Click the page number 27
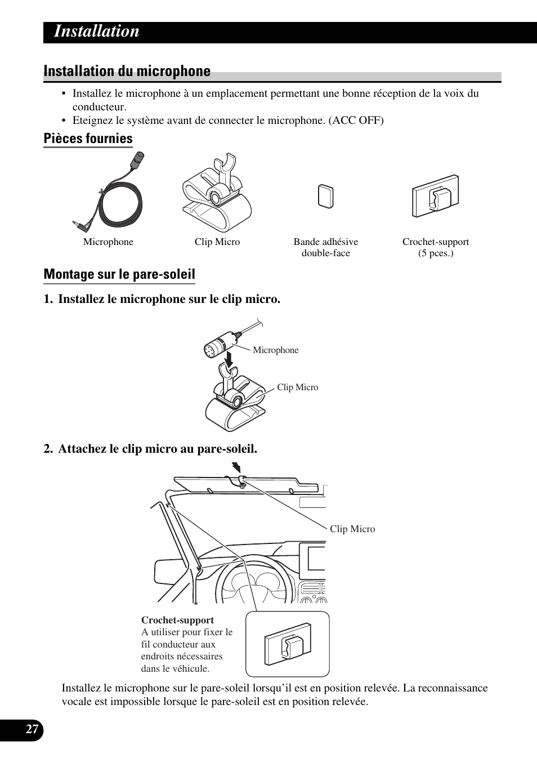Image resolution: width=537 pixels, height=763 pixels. pyautogui.click(x=33, y=730)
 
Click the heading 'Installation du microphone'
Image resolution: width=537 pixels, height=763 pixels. pyautogui.click(x=127, y=72)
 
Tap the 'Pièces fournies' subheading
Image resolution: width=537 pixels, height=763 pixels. pyautogui.click(x=88, y=139)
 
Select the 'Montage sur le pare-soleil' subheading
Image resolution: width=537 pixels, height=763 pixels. pyautogui.click(x=119, y=274)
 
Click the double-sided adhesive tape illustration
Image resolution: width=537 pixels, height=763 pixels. pyautogui.click(x=325, y=196)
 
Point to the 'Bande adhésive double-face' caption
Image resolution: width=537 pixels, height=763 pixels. pyautogui.click(x=325, y=247)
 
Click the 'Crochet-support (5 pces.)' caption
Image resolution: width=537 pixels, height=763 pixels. pyautogui.click(x=435, y=247)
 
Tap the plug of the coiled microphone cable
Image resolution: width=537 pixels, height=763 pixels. pyautogui.click(x=79, y=226)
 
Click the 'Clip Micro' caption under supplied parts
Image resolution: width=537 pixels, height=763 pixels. pyautogui.click(x=217, y=242)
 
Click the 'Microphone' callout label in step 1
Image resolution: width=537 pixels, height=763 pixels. pyautogui.click(x=275, y=350)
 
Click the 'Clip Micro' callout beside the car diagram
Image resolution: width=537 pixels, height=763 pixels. pyautogui.click(x=352, y=529)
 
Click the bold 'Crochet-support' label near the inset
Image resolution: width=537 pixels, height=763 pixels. pyautogui.click(x=177, y=620)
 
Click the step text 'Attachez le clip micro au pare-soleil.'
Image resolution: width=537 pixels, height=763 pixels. pyautogui.click(x=158, y=449)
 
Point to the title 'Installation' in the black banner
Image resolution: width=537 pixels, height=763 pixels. pyautogui.click(x=96, y=32)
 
